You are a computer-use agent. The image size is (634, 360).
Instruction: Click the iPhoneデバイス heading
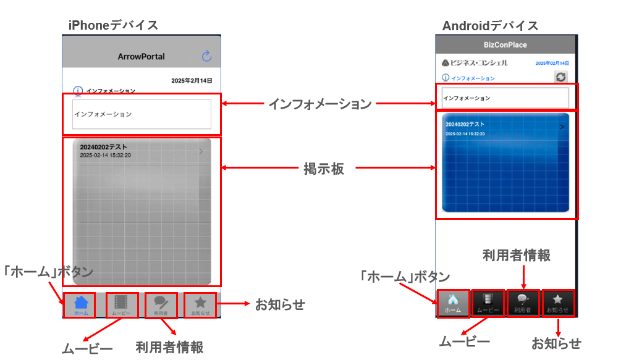[113, 25]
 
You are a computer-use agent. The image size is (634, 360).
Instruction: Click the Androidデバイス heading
[490, 26]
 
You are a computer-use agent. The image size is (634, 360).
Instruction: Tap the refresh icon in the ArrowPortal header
[207, 56]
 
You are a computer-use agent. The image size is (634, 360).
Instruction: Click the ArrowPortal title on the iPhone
[142, 56]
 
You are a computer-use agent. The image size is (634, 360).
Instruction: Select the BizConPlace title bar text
[505, 45]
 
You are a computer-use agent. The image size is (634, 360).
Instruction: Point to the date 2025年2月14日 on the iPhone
[192, 81]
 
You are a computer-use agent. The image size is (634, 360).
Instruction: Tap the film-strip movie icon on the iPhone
[121, 303]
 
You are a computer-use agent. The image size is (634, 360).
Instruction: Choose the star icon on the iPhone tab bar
[200, 303]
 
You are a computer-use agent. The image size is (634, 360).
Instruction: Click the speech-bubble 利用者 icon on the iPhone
[161, 302]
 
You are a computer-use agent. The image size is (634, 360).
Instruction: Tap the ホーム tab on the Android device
[453, 303]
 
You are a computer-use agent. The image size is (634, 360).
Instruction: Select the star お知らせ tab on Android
[557, 303]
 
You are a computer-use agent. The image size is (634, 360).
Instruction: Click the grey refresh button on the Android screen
[560, 77]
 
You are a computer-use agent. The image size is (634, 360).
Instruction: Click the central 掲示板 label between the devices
[324, 168]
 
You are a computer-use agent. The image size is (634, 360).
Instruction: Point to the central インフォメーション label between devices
[319, 104]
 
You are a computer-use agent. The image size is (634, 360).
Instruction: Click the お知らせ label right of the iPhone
[280, 304]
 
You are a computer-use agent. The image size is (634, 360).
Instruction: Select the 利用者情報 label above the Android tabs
[516, 255]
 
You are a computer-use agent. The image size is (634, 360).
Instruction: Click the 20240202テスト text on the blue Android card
[465, 125]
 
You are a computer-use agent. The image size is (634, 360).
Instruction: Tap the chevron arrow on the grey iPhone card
[201, 151]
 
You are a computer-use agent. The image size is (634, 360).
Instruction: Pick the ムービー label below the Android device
[464, 341]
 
